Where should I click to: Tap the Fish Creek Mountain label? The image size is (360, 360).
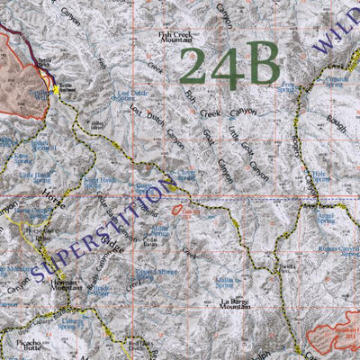(x=176, y=37)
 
